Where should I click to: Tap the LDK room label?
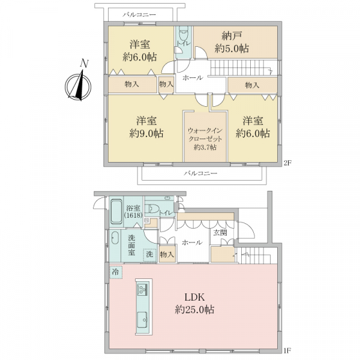[194, 298]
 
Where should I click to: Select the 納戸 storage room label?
[232, 36]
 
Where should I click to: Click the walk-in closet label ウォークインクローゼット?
[205, 135]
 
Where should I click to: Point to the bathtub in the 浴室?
[116, 211]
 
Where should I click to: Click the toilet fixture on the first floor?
[152, 208]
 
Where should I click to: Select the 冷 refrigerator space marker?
[116, 272]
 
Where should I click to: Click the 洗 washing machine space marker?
[150, 254]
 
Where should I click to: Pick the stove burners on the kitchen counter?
[142, 290]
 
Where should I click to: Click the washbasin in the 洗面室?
[115, 238]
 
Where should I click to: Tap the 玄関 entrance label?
[220, 233]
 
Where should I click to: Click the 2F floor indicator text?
[287, 163]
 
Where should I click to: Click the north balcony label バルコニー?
[139, 15]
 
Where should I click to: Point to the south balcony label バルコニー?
[200, 173]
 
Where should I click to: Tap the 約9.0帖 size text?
[146, 133]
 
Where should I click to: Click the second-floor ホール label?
[193, 78]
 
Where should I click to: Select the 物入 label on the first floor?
[167, 254]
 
